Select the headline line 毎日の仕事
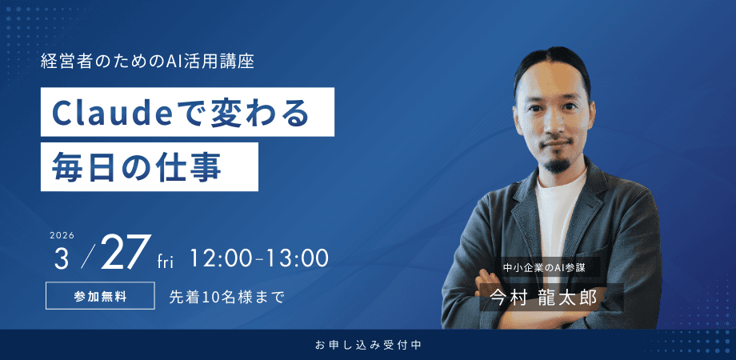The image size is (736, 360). (136, 167)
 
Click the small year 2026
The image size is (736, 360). (62, 236)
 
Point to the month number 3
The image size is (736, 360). (61, 258)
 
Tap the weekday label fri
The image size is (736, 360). (166, 262)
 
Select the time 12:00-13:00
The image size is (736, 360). (259, 258)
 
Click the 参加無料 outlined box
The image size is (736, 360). (100, 295)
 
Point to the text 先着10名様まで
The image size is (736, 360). (226, 296)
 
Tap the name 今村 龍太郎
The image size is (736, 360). (544, 296)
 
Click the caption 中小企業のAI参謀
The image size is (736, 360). (544, 269)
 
